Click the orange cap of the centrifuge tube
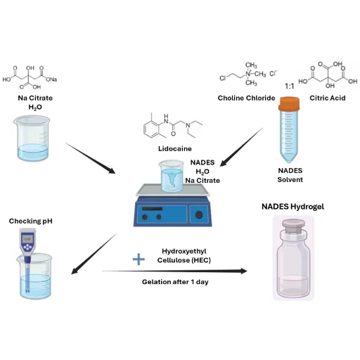(289, 103)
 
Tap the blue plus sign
(139, 259)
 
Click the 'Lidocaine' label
(175, 148)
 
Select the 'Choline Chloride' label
(246, 98)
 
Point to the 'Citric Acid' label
(328, 98)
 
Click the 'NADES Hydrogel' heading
(292, 207)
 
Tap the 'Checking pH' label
(30, 221)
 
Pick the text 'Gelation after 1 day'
(175, 282)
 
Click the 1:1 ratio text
(290, 86)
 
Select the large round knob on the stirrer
(199, 214)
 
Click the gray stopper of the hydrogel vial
(293, 226)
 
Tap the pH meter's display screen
(27, 239)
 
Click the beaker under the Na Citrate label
(32, 139)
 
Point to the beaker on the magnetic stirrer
(171, 176)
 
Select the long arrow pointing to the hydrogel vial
(174, 271)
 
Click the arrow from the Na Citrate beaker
(91, 158)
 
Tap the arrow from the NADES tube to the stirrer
(241, 147)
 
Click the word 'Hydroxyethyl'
(184, 251)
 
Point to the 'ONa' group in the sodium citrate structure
(51, 79)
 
